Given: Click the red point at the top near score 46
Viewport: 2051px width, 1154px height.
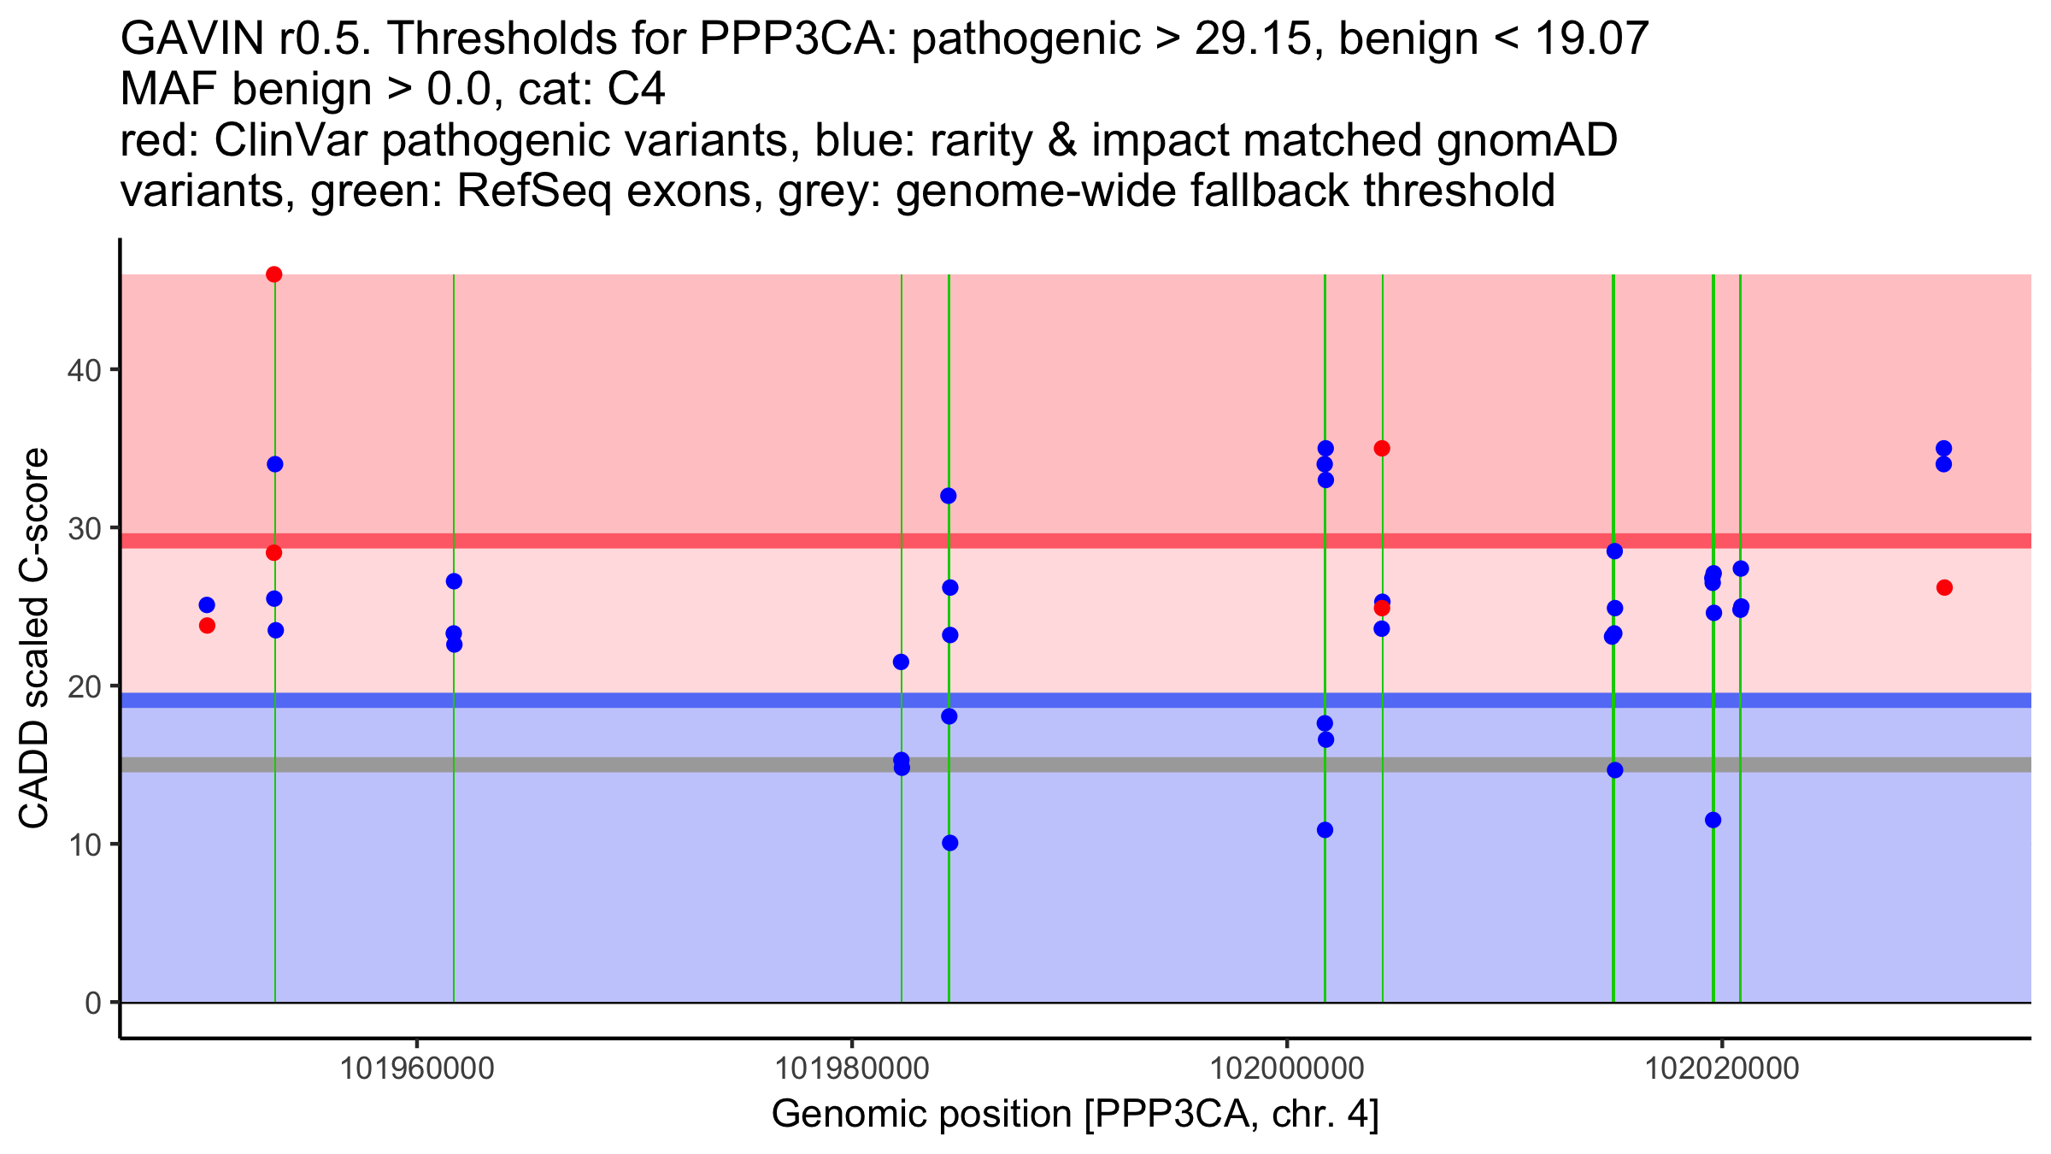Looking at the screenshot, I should tap(274, 274).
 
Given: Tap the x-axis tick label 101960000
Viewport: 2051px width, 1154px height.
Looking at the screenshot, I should tap(417, 1069).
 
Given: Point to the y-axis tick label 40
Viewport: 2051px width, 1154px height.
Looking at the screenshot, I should tap(83, 370).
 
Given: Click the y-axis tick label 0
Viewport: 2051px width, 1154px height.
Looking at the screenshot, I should tap(92, 1003).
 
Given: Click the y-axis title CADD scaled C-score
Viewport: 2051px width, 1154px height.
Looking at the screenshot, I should tap(34, 639).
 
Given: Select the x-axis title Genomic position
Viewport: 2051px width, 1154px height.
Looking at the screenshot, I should tap(1075, 1115).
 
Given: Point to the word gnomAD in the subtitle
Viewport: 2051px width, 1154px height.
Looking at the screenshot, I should tap(1526, 141).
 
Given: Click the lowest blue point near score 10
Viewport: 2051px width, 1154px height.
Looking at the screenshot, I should tap(950, 843).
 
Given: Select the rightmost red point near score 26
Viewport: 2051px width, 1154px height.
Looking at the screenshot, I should tap(1944, 587).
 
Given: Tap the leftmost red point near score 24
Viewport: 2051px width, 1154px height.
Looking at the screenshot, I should tap(207, 626).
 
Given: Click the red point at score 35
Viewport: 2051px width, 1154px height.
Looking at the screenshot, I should tap(1382, 448).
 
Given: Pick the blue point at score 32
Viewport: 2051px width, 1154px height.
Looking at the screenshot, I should tap(949, 496).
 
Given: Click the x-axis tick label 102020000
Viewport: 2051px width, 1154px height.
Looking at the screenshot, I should tap(1723, 1069).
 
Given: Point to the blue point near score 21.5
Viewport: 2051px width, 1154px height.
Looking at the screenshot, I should tap(901, 662).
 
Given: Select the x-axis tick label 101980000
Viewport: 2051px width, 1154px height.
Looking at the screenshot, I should tap(851, 1069).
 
